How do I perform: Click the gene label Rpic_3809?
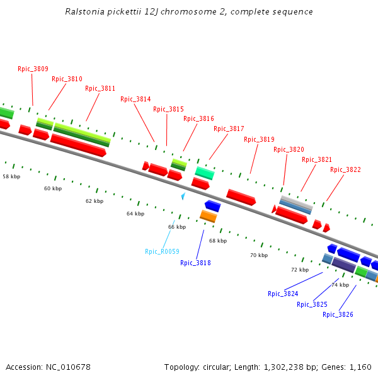[x=33, y=69]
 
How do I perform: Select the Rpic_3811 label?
[x=100, y=88]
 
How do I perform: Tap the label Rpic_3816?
[x=198, y=118]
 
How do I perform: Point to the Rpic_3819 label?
[x=259, y=139]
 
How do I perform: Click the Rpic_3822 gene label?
[x=345, y=169]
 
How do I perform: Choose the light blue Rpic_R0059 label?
[x=162, y=251]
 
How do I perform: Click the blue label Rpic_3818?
[x=195, y=263]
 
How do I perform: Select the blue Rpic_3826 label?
[x=338, y=314]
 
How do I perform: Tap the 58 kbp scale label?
[x=11, y=177]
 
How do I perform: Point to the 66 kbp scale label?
[x=176, y=227]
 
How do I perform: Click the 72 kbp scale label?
[x=300, y=270]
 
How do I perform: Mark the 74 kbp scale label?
[x=340, y=285]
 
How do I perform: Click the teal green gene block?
[x=205, y=172]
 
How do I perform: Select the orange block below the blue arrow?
[x=209, y=216]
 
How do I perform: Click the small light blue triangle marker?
[x=183, y=197]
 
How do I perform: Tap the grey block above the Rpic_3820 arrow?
[x=296, y=202]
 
